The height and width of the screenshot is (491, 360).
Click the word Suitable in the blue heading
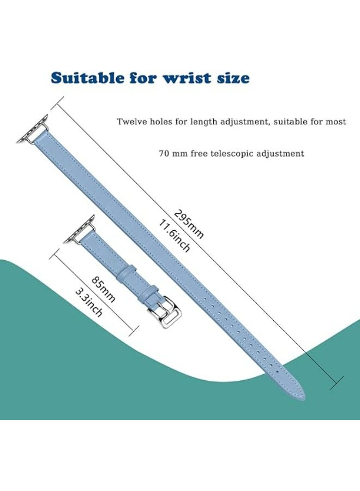click(x=87, y=77)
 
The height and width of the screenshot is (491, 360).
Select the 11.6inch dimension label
click(x=175, y=236)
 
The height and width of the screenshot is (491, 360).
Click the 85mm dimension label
click(x=103, y=289)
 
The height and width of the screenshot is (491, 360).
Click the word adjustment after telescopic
click(x=280, y=154)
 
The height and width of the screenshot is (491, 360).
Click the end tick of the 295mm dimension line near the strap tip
click(x=337, y=383)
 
